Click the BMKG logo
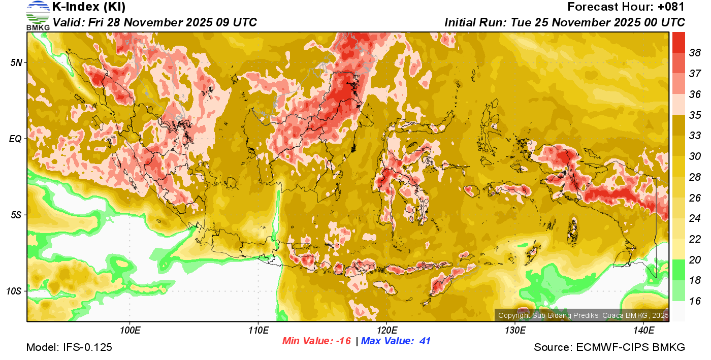pyautogui.click(x=38, y=15)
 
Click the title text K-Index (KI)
pyautogui.click(x=88, y=7)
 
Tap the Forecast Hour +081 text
pyautogui.click(x=626, y=7)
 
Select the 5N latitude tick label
pyautogui.click(x=16, y=62)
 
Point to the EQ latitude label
pyautogui.click(x=16, y=139)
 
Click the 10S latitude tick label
pyautogui.click(x=15, y=291)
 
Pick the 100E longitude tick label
pyautogui.click(x=130, y=331)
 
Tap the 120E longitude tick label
pyautogui.click(x=387, y=331)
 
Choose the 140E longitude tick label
pyautogui.click(x=644, y=331)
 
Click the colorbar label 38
pyautogui.click(x=695, y=53)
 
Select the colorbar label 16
pyautogui.click(x=695, y=301)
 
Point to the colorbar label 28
pyautogui.click(x=695, y=177)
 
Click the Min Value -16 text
pyautogui.click(x=317, y=341)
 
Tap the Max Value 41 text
pyautogui.click(x=396, y=341)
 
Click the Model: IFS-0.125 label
pyautogui.click(x=69, y=347)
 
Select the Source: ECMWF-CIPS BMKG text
pyautogui.click(x=609, y=347)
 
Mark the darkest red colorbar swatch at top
pyautogui.click(x=678, y=42)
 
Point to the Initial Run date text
pyautogui.click(x=565, y=22)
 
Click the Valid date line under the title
pyautogui.click(x=155, y=22)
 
